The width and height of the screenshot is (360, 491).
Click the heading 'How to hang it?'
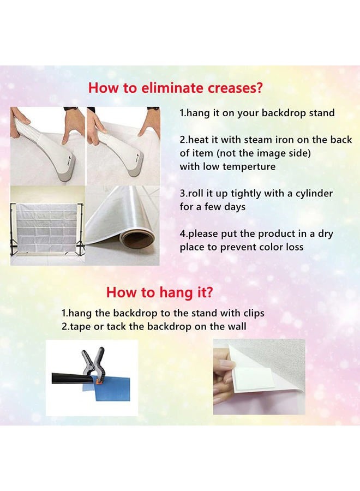pyautogui.click(x=159, y=292)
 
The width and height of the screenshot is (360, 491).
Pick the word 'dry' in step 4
pyautogui.click(x=326, y=234)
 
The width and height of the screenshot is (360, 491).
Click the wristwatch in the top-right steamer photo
pyautogui.click(x=153, y=109)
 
